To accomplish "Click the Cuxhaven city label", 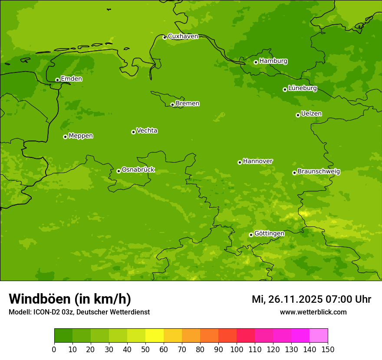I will (183, 36).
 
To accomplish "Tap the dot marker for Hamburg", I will (256, 62).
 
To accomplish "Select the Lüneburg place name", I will (302, 88).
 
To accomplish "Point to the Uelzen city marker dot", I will (298, 115).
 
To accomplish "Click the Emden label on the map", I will (71, 79).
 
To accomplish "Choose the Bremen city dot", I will (172, 105).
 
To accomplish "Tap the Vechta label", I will (147, 131).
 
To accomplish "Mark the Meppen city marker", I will (65, 137).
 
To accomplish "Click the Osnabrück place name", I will (138, 170).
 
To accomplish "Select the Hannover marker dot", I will (240, 162).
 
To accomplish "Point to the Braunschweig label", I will (319, 171).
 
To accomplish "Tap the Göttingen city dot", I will (251, 235).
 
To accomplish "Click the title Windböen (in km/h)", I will (70, 299).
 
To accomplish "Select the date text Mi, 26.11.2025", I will (286, 299).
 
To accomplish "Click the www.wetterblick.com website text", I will (313, 312).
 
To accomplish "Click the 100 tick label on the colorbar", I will (237, 349).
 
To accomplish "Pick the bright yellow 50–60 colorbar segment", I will (154, 336).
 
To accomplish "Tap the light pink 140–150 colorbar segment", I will (318, 336).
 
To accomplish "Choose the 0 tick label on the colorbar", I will (54, 349).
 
